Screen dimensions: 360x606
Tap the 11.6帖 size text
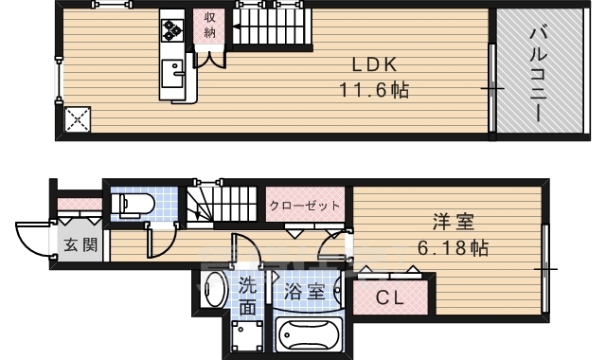[x=374, y=90]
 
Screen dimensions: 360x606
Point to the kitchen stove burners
[x=173, y=30]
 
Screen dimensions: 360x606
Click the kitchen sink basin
[x=173, y=72]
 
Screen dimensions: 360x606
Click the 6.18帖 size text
[x=455, y=248]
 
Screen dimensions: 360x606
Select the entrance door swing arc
[x=33, y=237]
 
